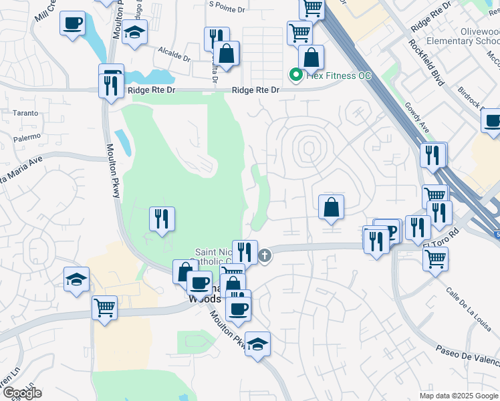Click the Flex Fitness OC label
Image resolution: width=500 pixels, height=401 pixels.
point(339,76)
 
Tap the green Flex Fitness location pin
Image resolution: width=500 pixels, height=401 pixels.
point(295,75)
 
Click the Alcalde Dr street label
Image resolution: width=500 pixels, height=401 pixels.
point(175,51)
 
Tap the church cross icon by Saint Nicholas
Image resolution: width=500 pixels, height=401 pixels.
point(265,255)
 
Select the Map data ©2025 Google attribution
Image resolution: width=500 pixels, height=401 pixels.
point(458,396)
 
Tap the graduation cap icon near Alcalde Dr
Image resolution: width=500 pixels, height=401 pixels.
point(135,33)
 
